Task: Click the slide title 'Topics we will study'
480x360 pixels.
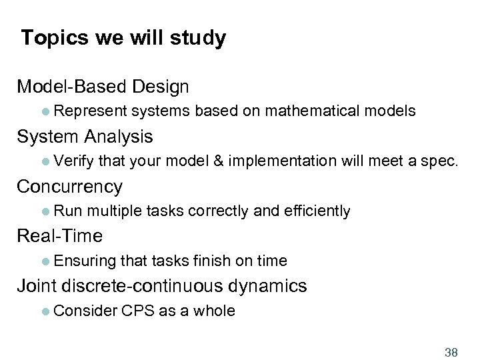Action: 123,38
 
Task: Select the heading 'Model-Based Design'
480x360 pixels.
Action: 103,87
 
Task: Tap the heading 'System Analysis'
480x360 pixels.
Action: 85,137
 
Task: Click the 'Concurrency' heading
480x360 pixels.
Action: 70,187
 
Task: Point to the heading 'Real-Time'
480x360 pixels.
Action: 60,236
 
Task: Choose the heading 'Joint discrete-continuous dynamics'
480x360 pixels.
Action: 161,286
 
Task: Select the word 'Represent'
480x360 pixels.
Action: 90,111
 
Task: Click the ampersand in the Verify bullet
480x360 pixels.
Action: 218,161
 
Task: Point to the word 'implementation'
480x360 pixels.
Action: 283,161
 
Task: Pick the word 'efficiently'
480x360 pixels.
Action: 317,211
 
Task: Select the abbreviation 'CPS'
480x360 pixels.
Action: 138,311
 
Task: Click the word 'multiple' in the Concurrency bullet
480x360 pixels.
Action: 113,211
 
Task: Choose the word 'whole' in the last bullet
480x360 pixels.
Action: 214,311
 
